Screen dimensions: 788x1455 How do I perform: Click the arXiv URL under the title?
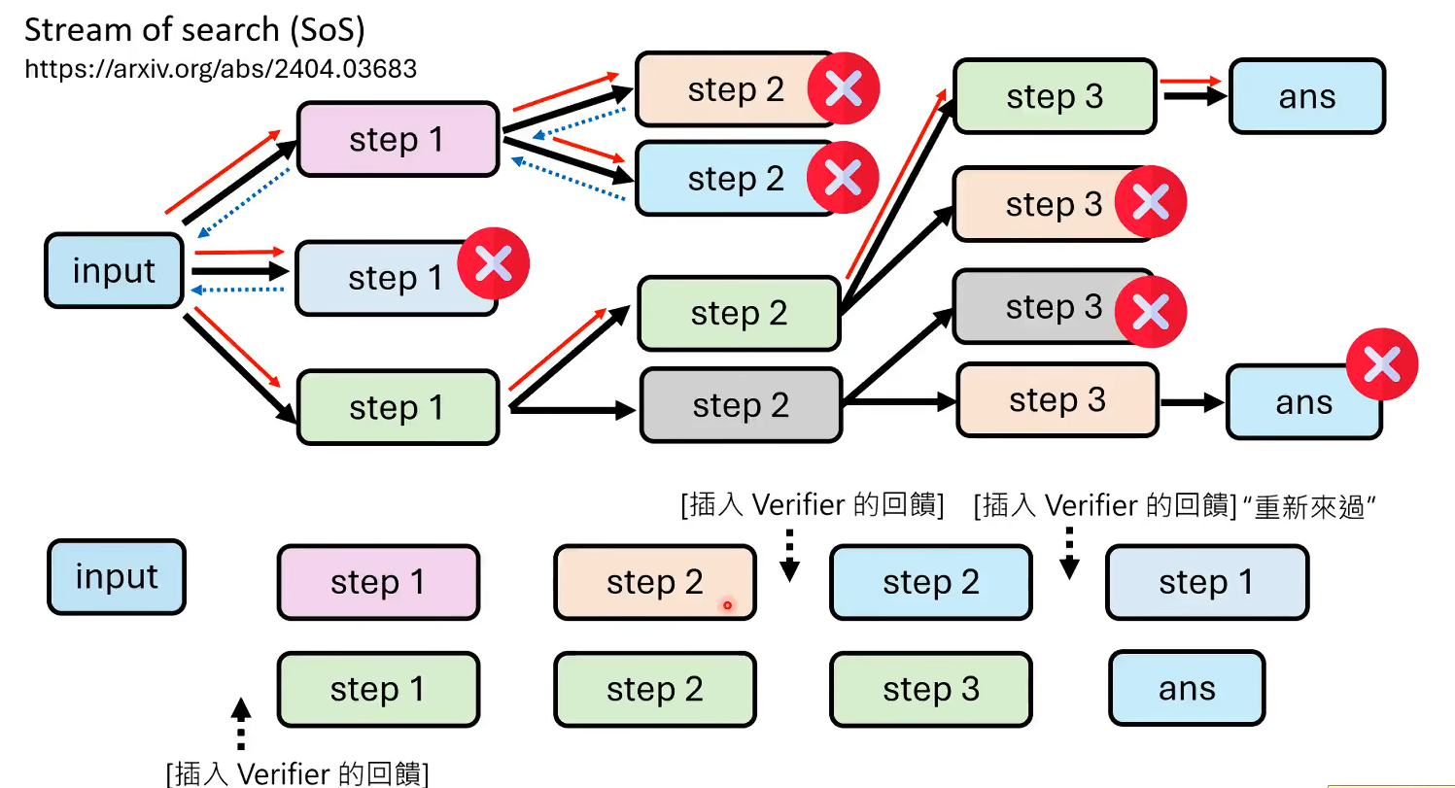click(220, 69)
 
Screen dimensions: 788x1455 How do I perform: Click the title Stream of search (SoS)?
click(194, 30)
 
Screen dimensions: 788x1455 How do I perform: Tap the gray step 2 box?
click(740, 405)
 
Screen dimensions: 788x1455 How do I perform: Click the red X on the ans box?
click(1381, 365)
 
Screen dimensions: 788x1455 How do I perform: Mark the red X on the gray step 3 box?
click(1150, 312)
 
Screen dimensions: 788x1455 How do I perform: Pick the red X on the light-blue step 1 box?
click(493, 262)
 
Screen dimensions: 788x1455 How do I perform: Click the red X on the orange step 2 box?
click(844, 89)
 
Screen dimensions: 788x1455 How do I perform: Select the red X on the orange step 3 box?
click(1150, 202)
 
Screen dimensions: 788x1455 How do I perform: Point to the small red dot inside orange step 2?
click(726, 606)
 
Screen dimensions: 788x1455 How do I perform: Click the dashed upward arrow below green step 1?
click(241, 723)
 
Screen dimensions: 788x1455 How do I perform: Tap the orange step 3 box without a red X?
click(1057, 399)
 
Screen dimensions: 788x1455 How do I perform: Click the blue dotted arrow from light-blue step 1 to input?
click(239, 290)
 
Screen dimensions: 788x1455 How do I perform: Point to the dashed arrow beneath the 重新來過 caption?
click(1069, 553)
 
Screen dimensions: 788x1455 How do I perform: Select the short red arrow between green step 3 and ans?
click(1191, 82)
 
